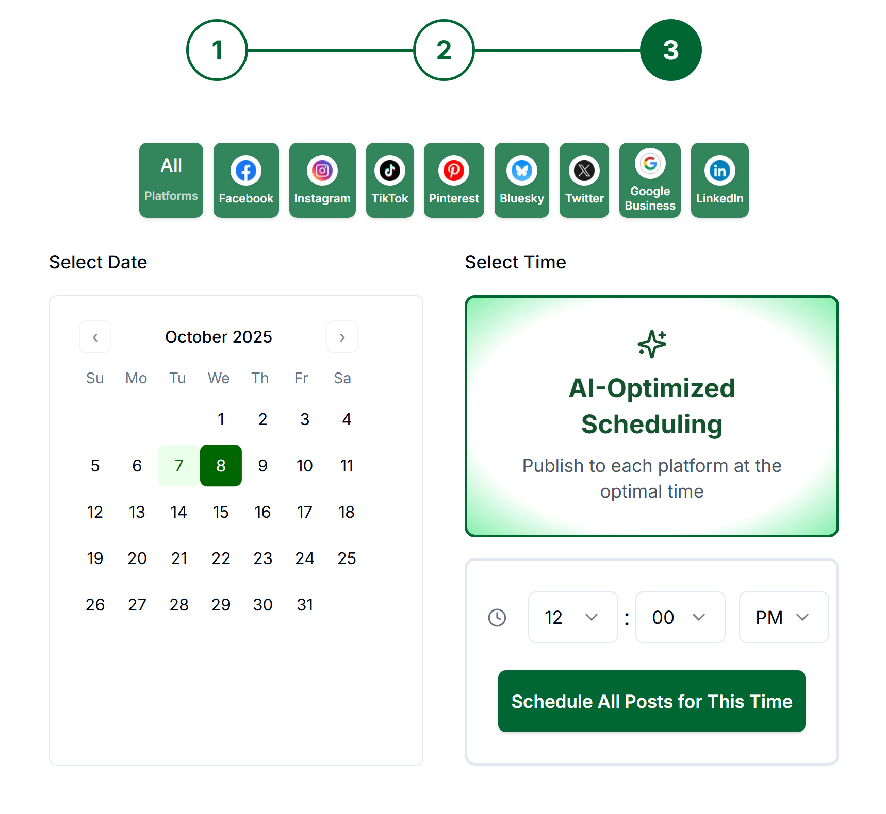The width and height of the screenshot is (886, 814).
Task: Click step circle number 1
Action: coord(217,50)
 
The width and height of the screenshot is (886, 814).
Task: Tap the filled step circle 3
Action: coord(670,50)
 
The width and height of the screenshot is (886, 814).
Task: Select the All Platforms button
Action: coord(171,180)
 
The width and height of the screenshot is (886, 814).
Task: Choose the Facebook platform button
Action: coord(246,180)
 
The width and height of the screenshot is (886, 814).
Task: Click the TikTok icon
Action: coord(389,171)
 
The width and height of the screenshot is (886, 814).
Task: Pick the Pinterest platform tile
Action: coord(454,180)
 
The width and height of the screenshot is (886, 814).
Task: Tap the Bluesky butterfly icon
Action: coord(521,171)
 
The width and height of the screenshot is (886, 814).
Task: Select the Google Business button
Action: coord(650,180)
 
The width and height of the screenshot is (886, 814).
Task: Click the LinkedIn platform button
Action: coord(719,180)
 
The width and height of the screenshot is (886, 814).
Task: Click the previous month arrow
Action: coord(95,337)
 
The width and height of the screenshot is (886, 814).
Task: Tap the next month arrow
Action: coord(342,337)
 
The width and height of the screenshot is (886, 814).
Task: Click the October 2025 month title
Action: coord(218,337)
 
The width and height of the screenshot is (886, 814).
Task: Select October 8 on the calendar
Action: coord(221,466)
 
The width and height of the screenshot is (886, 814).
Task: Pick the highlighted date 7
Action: coord(179,466)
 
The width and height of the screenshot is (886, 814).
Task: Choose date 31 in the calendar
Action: coord(305,605)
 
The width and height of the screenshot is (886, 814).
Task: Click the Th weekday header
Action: coord(260,378)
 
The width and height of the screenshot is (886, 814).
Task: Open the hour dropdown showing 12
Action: coord(572,617)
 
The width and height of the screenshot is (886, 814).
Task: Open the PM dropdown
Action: coord(783,617)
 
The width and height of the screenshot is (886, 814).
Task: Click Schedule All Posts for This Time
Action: coord(651,701)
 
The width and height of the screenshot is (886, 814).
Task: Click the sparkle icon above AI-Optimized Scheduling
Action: coord(652,344)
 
